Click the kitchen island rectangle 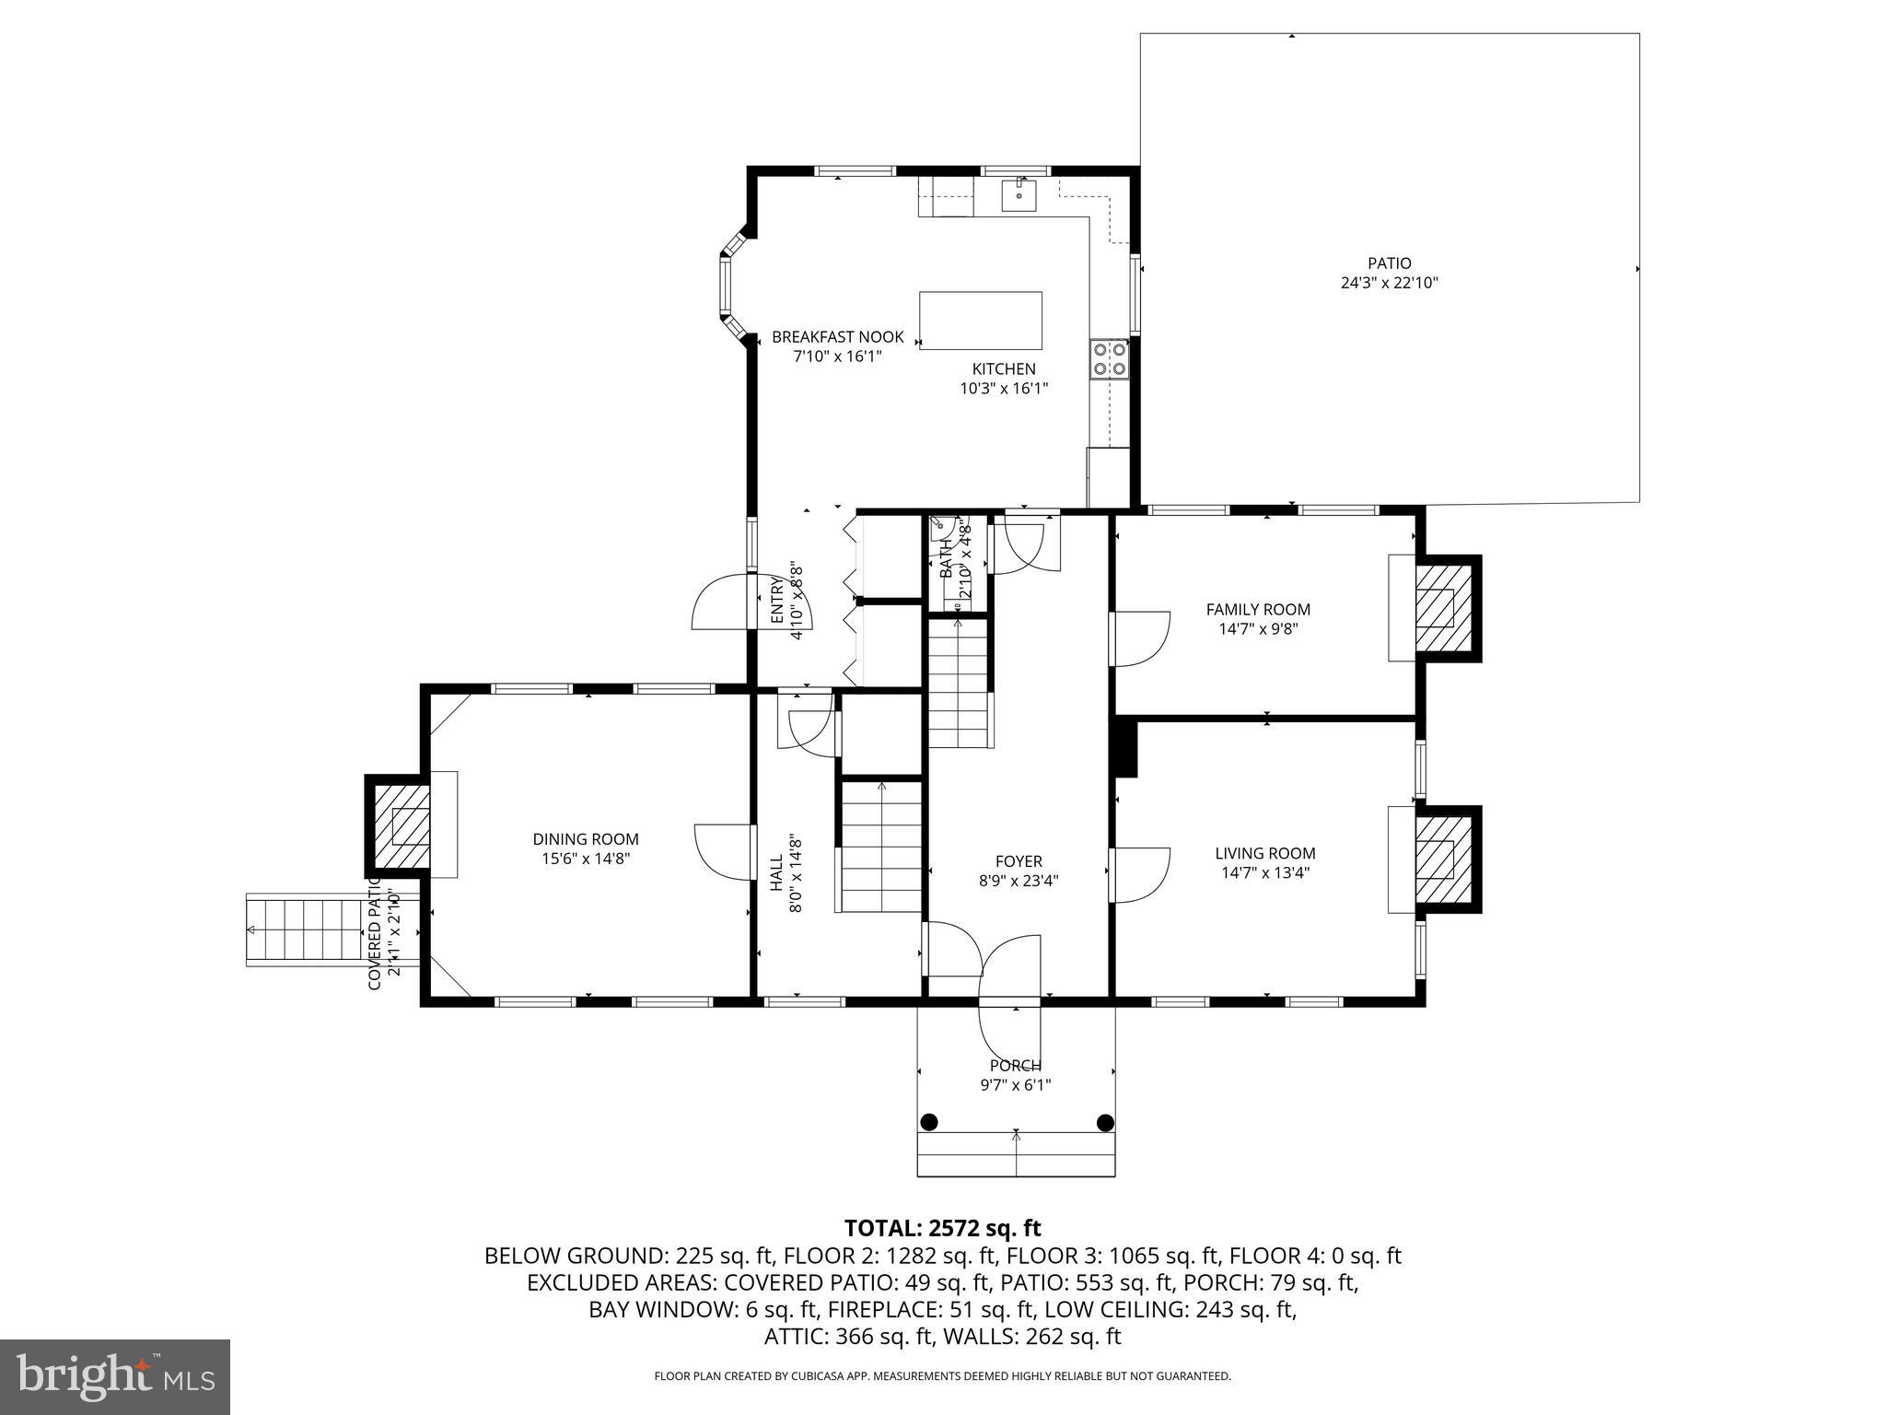pos(981,321)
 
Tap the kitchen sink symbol pos(1019,195)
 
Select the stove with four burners pos(1110,359)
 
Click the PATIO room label pos(1389,263)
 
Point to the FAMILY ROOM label pos(1258,609)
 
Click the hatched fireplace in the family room pos(1435,608)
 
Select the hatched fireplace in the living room pos(1435,859)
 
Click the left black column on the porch pos(929,1122)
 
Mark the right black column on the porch pos(1105,1122)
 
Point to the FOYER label pos(1019,861)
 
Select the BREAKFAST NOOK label pos(838,337)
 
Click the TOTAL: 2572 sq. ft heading pos(942,1228)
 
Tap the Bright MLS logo pos(115,1376)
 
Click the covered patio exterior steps pos(304,930)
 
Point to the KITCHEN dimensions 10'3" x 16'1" pos(1004,389)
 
